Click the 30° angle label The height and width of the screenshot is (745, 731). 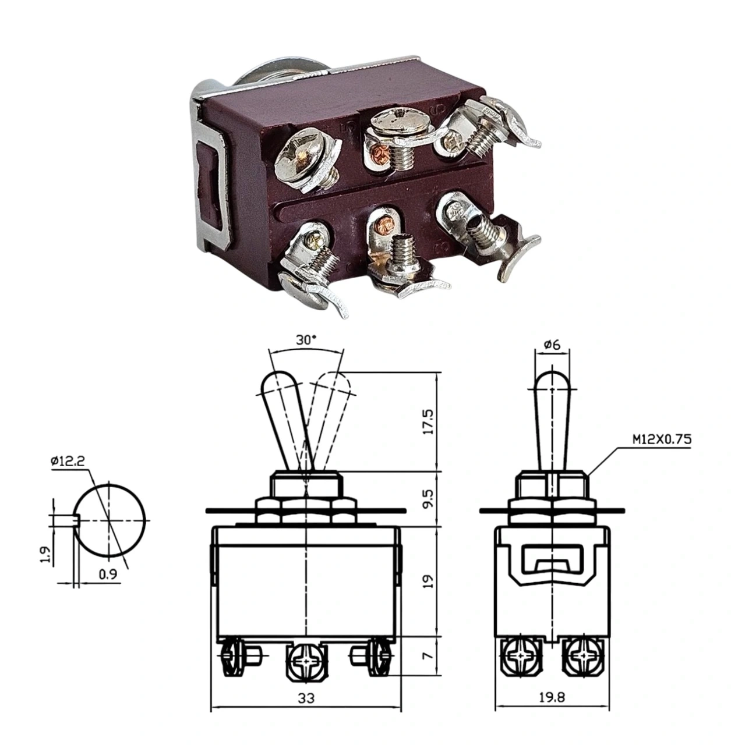pyautogui.click(x=306, y=340)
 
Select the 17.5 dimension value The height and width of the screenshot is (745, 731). pyautogui.click(x=429, y=423)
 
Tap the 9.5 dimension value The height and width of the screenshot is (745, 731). pyautogui.click(x=429, y=499)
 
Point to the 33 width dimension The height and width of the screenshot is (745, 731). pyautogui.click(x=306, y=699)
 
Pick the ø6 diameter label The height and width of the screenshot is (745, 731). pyautogui.click(x=552, y=345)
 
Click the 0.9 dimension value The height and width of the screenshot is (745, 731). pyautogui.click(x=108, y=574)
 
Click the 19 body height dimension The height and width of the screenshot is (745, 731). pyautogui.click(x=429, y=580)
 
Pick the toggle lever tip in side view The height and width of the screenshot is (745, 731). pyautogui.click(x=552, y=379)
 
